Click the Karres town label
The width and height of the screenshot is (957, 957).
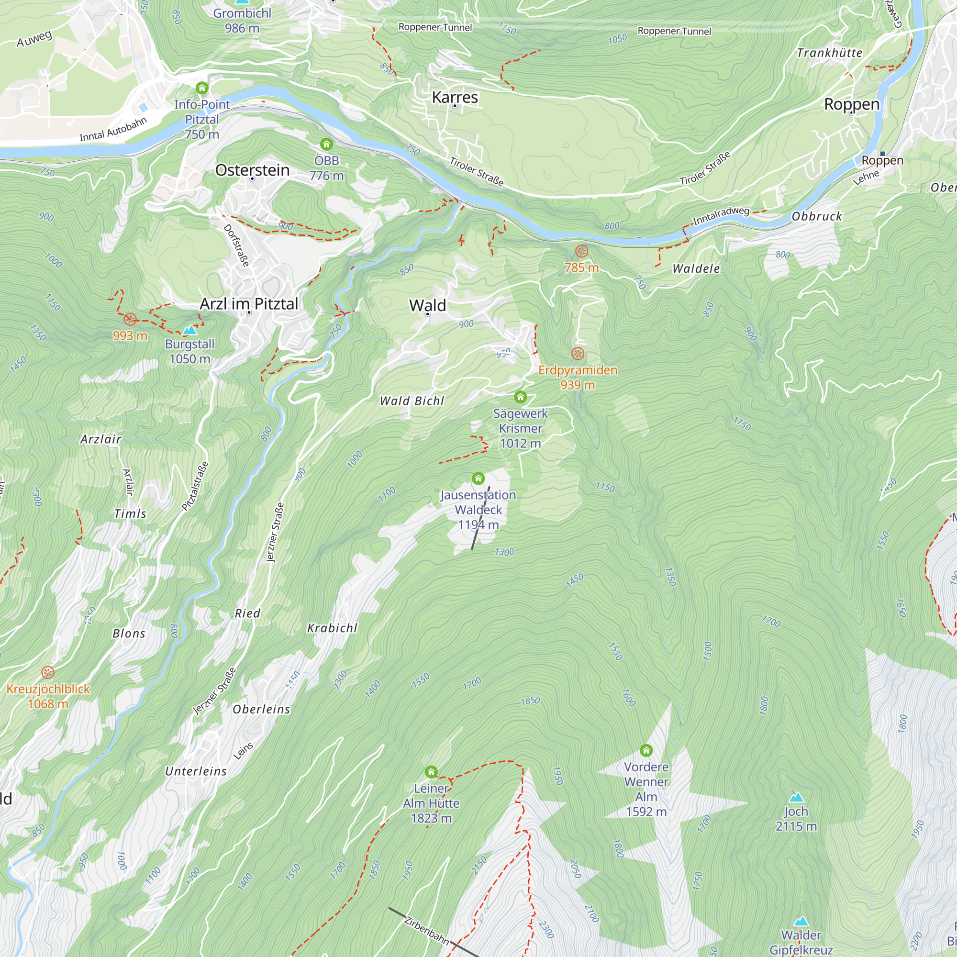(455, 97)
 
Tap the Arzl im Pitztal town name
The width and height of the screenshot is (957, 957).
(249, 304)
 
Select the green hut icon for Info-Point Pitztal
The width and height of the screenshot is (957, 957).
(201, 88)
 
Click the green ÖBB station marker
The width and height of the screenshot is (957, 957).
(326, 144)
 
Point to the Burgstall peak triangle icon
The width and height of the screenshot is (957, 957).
(189, 330)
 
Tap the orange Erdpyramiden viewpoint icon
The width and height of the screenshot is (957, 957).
(578, 354)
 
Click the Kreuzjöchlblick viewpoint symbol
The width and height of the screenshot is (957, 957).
(47, 672)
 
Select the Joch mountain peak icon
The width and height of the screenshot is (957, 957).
(796, 797)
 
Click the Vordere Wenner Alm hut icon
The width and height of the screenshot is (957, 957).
(646, 750)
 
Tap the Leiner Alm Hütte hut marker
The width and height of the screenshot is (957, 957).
(431, 772)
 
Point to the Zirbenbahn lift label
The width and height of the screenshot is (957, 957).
(426, 931)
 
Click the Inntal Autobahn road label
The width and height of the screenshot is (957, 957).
(113, 129)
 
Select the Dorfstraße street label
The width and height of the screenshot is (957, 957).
(236, 245)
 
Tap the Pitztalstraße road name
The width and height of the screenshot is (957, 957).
(195, 486)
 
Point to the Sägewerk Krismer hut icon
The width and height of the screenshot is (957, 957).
(520, 397)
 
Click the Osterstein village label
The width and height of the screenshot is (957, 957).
(252, 170)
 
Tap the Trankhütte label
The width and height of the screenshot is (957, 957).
(829, 53)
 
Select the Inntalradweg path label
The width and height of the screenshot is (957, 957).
(721, 215)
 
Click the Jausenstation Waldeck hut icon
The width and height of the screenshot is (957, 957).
(478, 478)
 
